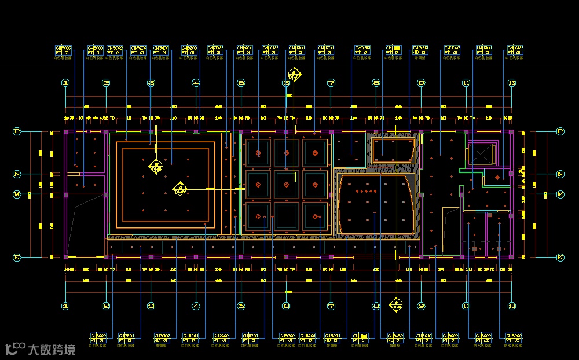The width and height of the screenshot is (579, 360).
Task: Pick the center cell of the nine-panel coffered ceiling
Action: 287,185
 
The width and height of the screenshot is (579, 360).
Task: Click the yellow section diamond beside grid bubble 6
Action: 295,75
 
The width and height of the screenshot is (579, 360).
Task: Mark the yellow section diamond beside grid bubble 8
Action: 396,304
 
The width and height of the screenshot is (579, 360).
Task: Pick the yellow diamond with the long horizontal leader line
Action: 180,189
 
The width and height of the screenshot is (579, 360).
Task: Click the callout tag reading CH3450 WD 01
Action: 395,338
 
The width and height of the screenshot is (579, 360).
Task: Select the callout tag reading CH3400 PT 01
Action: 162,51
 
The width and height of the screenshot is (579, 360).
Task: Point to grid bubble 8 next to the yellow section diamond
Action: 376,306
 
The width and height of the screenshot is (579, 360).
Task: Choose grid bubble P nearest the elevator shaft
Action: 560,131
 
